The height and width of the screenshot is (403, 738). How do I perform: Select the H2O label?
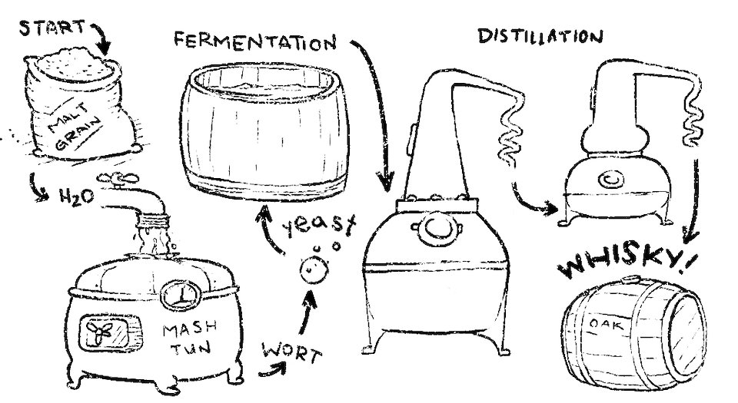(77, 197)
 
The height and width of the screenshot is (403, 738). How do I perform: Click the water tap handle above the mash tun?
(118, 178)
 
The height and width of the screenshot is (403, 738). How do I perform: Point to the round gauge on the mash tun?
(181, 296)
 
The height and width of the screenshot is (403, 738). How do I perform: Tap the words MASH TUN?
(189, 337)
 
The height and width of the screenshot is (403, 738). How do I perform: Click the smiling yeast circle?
(314, 270)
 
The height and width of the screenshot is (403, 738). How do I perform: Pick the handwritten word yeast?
(318, 226)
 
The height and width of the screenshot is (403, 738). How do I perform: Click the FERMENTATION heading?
(255, 41)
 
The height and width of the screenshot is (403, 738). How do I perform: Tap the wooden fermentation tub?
(265, 131)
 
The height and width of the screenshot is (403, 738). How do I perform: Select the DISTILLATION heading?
(540, 36)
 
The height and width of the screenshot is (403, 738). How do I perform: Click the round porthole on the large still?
(437, 228)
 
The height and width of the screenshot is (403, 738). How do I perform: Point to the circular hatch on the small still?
(611, 180)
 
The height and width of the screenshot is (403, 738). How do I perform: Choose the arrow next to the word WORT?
(273, 371)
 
